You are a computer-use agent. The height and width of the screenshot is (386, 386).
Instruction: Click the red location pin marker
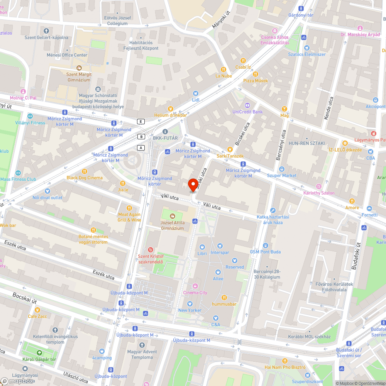point(193,185)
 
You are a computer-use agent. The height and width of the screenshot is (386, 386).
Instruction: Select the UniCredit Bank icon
point(247,105)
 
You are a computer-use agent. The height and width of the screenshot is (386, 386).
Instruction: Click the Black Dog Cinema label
point(85,178)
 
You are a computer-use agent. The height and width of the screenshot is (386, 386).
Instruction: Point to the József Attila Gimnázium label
point(172,225)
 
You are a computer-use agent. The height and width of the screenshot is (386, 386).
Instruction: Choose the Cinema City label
point(195,293)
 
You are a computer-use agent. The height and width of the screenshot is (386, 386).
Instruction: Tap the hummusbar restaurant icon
point(224,297)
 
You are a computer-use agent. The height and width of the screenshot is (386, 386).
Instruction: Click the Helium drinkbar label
point(170,115)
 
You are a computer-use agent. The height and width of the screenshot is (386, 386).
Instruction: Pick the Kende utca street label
point(328,108)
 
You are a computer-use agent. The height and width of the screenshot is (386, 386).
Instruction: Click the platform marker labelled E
point(141,122)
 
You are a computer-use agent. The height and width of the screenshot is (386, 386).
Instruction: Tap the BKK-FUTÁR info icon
point(165,131)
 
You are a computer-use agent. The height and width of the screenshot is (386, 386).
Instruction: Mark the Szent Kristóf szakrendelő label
point(151,259)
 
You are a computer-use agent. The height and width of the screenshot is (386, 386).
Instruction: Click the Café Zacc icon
point(37,310)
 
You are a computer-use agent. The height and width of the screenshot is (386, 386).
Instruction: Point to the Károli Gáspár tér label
point(39,359)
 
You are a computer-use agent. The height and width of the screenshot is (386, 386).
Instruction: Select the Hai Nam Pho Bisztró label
point(285,367)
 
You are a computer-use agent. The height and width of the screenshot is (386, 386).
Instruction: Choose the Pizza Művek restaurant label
point(255,81)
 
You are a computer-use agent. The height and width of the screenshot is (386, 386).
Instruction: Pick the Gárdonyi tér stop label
point(301,15)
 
